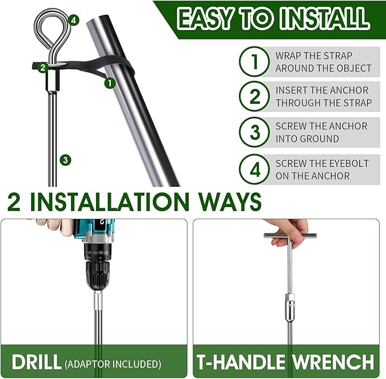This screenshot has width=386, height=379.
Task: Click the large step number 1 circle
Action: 255,61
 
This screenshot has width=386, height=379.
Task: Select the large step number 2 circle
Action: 255,96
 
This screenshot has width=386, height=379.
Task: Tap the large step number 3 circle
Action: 255,132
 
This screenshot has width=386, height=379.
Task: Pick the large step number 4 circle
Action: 255,170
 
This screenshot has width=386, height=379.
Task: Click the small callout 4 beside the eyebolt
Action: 73,20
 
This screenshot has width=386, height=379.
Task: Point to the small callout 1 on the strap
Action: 110,83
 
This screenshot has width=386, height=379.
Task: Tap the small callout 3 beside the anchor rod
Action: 65,160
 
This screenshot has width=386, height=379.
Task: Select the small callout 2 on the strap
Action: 43,68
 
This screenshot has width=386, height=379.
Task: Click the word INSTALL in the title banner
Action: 325,19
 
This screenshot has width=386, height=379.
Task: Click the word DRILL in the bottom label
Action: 36,362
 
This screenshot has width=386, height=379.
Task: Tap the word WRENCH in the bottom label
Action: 333,362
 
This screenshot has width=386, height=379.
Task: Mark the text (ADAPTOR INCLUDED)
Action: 113,364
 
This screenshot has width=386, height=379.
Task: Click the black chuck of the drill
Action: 98,276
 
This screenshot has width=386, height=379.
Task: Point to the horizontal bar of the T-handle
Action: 290,236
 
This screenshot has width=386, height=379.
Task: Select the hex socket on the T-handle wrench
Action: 290,307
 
